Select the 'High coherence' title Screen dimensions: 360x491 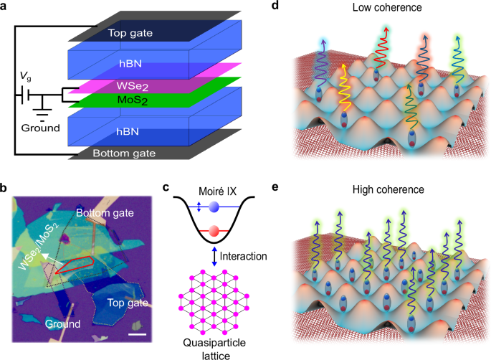click(388, 191)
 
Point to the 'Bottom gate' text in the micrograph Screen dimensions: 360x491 click(104, 213)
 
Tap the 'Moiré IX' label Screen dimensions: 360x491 click(212, 191)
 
